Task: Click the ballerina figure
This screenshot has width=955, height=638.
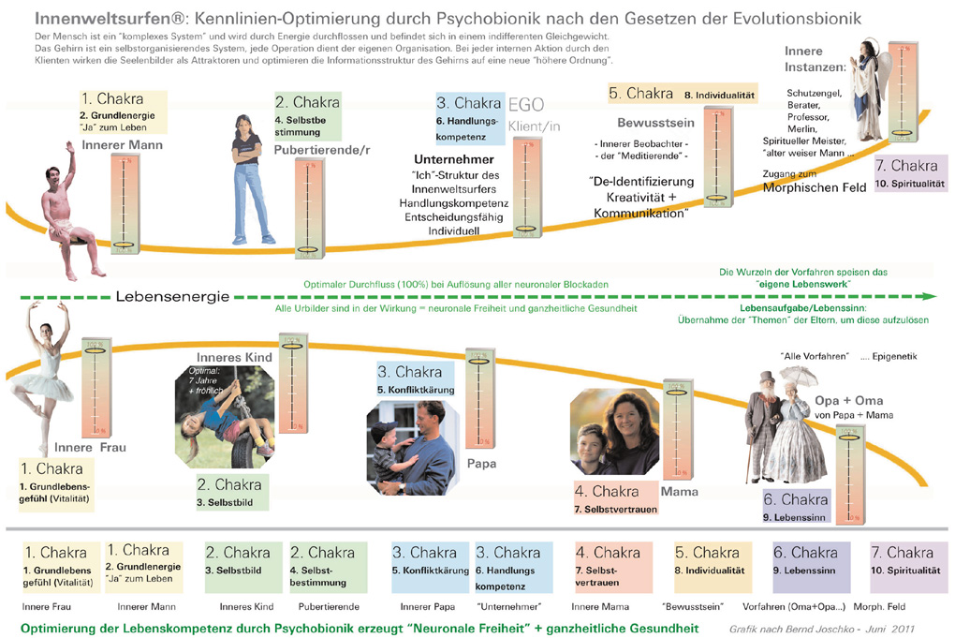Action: coord(42,375)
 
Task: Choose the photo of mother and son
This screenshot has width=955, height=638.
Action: coord(614,432)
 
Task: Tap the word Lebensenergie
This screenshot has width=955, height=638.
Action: coord(172,297)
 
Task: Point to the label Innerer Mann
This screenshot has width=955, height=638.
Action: coord(122,145)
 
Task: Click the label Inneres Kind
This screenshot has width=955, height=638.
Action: coord(234,357)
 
